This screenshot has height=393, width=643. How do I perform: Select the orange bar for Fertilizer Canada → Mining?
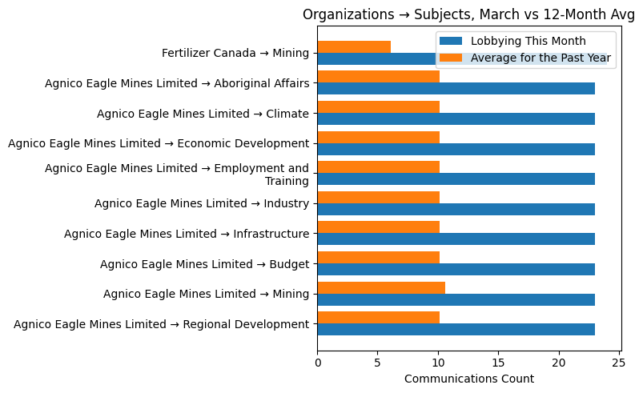[x=354, y=47]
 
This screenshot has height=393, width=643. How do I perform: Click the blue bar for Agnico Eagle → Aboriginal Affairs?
[x=456, y=89]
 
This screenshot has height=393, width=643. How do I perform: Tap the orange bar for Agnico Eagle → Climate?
[x=378, y=107]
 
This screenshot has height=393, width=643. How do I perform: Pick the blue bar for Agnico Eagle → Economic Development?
[x=456, y=149]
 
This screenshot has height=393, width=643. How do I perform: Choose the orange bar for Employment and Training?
[x=378, y=167]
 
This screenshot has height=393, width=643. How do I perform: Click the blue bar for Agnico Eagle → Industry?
[x=456, y=209]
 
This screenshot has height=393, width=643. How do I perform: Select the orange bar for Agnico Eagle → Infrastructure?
[x=378, y=227]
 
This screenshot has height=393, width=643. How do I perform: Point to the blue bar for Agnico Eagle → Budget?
[x=456, y=269]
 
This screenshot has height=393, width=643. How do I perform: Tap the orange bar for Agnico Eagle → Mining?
[x=381, y=287]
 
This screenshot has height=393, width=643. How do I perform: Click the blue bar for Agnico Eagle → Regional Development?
[x=456, y=329]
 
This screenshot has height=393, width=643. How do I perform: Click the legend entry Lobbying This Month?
[x=528, y=42]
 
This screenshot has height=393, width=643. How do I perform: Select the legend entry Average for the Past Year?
[x=541, y=58]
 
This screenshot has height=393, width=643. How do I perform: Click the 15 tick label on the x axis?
[x=499, y=363]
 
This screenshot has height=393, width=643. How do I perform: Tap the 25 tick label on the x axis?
[x=619, y=363]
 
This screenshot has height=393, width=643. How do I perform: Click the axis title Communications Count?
[x=469, y=379]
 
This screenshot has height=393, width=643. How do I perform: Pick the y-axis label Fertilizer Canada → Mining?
[x=235, y=54]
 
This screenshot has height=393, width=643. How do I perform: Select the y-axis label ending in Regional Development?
[x=161, y=324]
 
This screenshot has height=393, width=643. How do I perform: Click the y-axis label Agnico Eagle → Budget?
[x=204, y=264]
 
